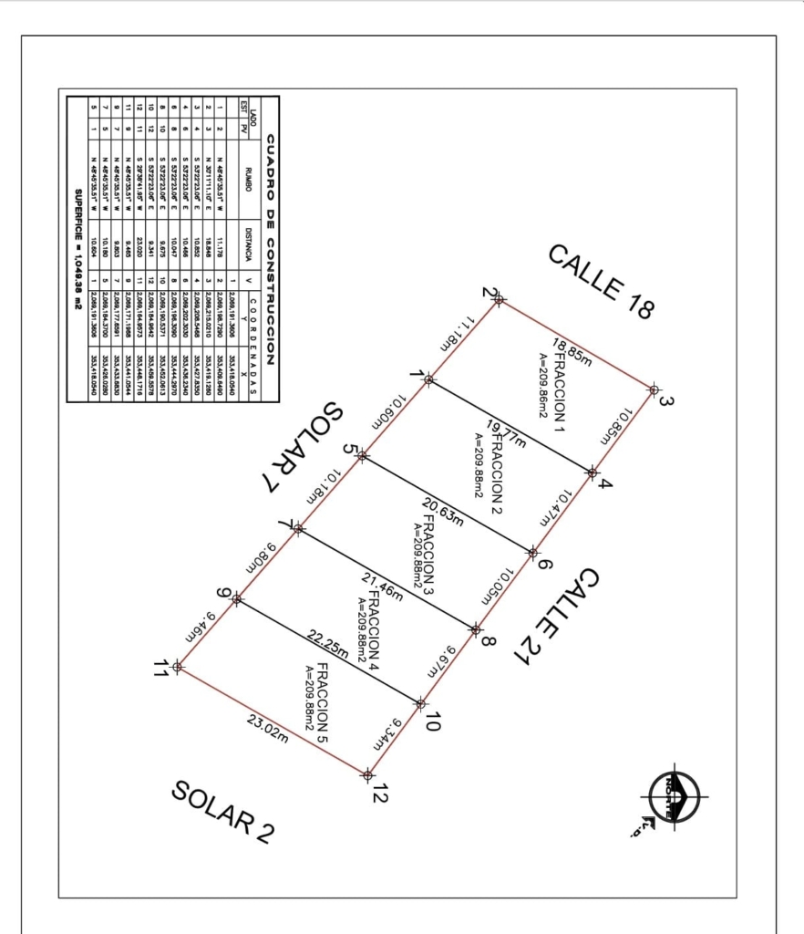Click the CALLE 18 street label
601,282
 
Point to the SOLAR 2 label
222,813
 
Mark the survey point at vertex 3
654,389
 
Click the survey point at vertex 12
367,775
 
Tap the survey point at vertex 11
178,667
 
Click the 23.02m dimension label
268,729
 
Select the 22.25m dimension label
328,644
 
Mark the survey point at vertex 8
475,628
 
